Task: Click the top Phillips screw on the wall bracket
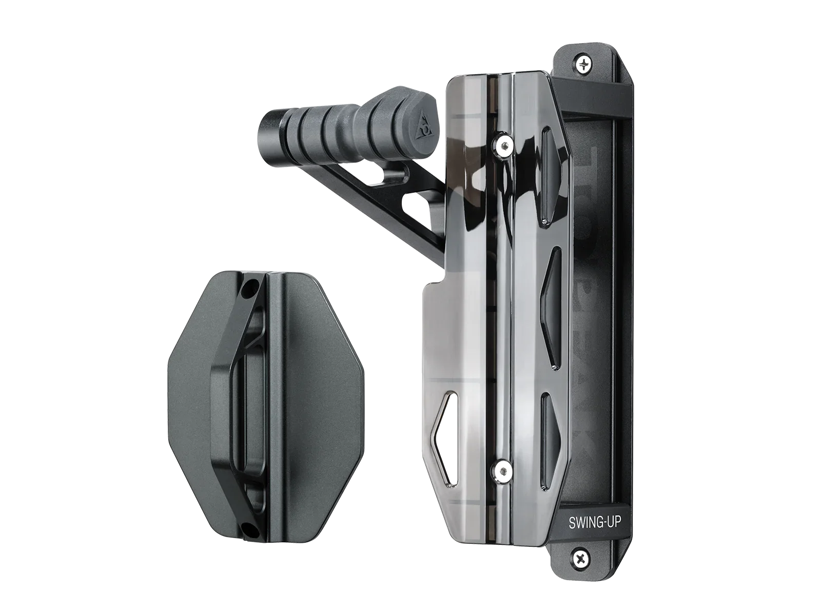click(584, 65)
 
